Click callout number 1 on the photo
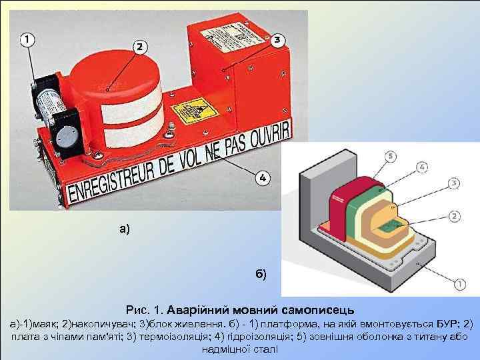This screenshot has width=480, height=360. pyautogui.click(x=25, y=40)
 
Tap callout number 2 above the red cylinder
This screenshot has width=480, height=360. pyautogui.click(x=139, y=47)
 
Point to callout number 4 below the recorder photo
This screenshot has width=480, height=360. pyautogui.click(x=263, y=178)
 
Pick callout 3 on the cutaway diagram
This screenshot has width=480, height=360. pyautogui.click(x=453, y=183)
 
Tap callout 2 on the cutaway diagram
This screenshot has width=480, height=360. pyautogui.click(x=455, y=215)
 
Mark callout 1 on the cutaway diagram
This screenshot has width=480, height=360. pyautogui.click(x=460, y=284)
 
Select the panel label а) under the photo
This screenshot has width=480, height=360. pyautogui.click(x=125, y=229)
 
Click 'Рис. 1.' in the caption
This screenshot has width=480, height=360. pyautogui.click(x=143, y=310)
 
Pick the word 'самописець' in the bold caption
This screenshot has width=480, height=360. pyautogui.click(x=318, y=310)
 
